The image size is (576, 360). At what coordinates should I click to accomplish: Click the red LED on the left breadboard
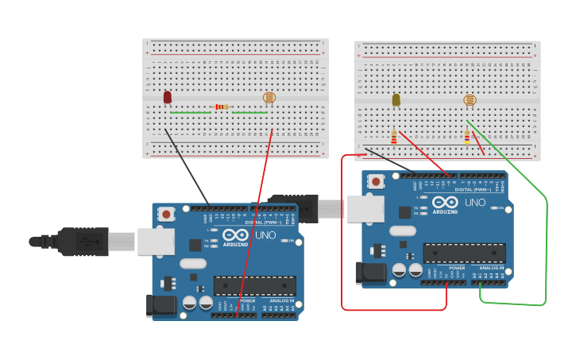pyautogui.click(x=167, y=97)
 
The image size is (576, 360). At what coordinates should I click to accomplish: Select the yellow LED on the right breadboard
pyautogui.click(x=396, y=99)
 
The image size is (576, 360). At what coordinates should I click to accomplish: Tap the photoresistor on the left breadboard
pyautogui.click(x=269, y=98)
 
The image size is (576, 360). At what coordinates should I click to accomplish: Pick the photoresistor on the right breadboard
pyautogui.click(x=470, y=100)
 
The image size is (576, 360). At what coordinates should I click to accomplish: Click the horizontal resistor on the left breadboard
pyautogui.click(x=222, y=106)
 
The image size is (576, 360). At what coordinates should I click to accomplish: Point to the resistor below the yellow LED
pyautogui.click(x=393, y=138)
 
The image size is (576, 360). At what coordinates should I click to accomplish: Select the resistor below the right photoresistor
pyautogui.click(x=467, y=137)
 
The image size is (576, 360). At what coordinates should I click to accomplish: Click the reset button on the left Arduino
pyautogui.click(x=166, y=214)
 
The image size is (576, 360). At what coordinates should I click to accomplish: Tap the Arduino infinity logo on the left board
pyautogui.click(x=236, y=235)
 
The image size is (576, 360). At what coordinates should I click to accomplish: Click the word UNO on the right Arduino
pyautogui.click(x=474, y=203)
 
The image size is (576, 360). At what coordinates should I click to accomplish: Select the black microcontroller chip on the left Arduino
pyautogui.click(x=254, y=285)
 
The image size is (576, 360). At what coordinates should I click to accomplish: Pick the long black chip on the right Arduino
pyautogui.click(x=464, y=253)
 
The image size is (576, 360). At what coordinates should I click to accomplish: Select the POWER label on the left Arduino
pyautogui.click(x=247, y=301)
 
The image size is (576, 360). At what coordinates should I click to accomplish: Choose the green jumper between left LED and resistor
pyautogui.click(x=190, y=113)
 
